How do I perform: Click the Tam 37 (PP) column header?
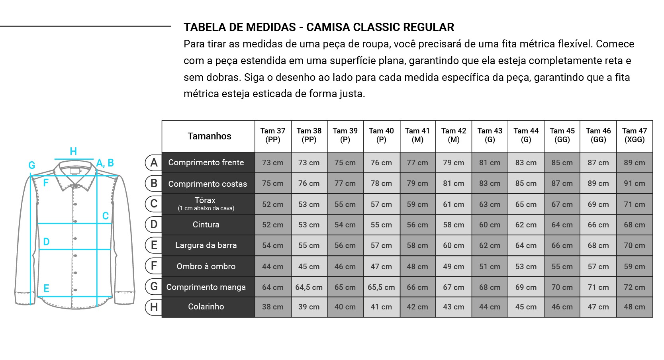tap(273, 135)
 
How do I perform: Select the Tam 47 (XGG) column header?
tap(635, 135)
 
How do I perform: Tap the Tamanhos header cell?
tap(209, 136)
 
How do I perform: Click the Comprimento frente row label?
tap(206, 162)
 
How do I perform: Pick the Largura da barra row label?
tap(206, 245)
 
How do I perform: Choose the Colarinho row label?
tap(206, 307)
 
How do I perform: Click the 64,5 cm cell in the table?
tap(309, 287)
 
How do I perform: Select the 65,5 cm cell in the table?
tap(381, 287)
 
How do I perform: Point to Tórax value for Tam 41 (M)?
tap(417, 204)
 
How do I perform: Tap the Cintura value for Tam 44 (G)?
tap(526, 225)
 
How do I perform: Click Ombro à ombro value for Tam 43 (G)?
tap(490, 266)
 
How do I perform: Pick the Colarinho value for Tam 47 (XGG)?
tap(635, 307)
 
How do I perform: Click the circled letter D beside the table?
tap(154, 225)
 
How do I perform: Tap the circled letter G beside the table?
tap(154, 287)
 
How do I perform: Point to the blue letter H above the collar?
tap(73, 151)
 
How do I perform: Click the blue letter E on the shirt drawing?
tap(46, 288)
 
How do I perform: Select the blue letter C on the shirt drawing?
tap(106, 216)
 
